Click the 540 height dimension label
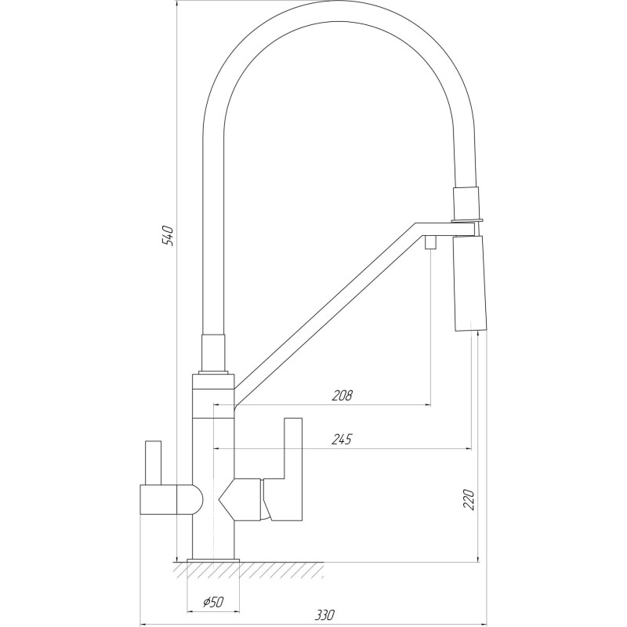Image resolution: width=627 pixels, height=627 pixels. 166,235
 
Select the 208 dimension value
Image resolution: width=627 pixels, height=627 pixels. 342,395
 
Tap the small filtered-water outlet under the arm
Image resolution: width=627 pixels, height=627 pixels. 430,243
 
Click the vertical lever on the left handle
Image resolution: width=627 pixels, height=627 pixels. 151,462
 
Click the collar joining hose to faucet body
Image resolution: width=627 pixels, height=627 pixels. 214,353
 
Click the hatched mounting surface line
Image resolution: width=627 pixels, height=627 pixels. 251,567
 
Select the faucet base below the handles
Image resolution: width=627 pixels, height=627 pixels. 214,541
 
